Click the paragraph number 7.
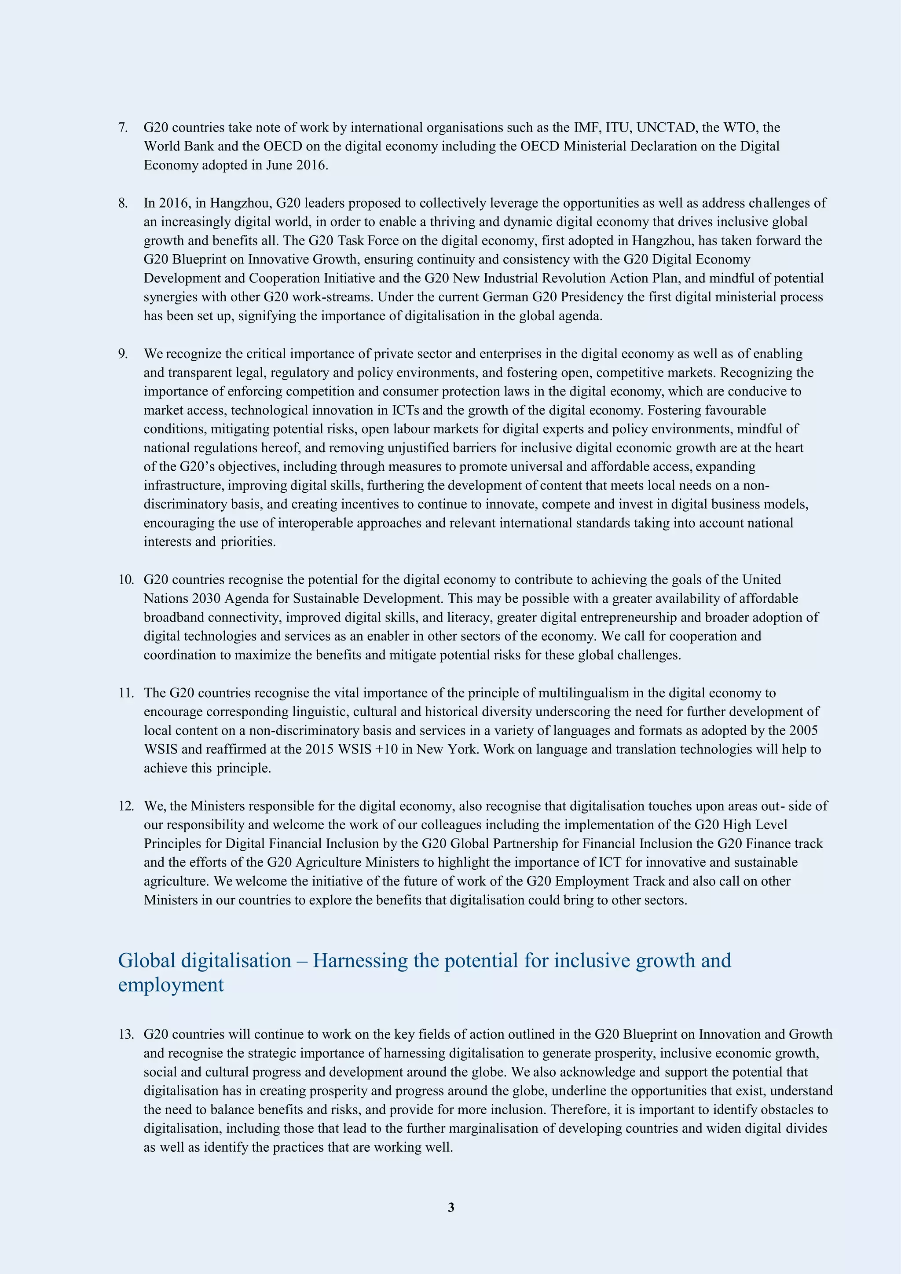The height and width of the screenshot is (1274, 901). point(123,128)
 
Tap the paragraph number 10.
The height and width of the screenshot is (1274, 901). point(125,580)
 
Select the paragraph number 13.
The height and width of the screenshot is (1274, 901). point(125,1034)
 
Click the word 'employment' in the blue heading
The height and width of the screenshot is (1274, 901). point(171,985)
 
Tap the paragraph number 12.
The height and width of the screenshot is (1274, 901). point(125,806)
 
